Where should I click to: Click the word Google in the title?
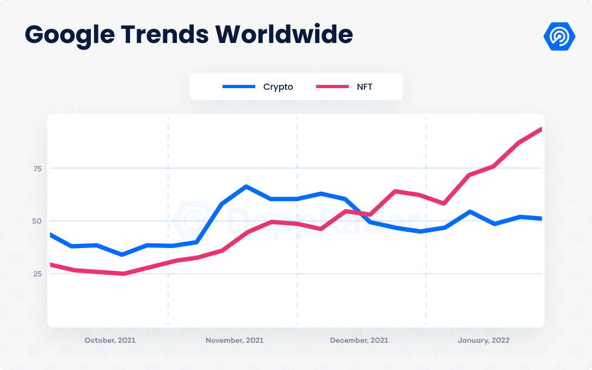click(69, 35)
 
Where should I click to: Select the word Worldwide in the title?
click(284, 35)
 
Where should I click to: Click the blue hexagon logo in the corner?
click(559, 36)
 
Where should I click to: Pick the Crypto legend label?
click(278, 87)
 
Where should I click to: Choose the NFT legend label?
click(364, 87)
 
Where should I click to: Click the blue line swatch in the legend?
click(239, 87)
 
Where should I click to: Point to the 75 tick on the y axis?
click(37, 169)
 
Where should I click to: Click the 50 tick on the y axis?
click(37, 221)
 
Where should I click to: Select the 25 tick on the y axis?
click(37, 274)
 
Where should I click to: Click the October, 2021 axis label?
click(110, 340)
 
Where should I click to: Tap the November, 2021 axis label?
click(235, 340)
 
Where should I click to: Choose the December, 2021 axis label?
click(359, 340)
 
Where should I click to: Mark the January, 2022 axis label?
click(484, 340)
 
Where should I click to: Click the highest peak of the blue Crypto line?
click(246, 187)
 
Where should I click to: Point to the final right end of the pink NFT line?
click(540, 129)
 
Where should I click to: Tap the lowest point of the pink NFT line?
click(123, 274)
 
